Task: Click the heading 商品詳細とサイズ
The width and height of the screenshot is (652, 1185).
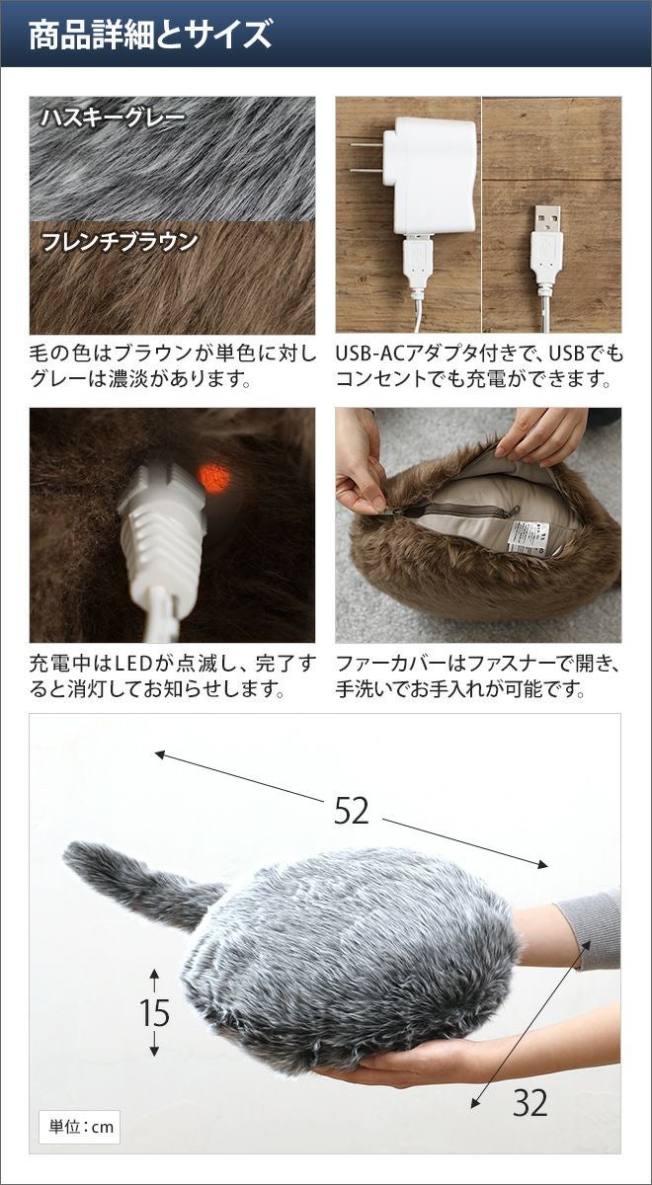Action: click(150, 35)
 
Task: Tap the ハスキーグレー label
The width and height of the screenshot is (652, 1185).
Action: click(113, 118)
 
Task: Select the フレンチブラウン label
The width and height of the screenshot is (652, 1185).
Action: click(120, 242)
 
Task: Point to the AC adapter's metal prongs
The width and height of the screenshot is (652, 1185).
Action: click(367, 157)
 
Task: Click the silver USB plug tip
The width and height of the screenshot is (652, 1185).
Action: click(547, 219)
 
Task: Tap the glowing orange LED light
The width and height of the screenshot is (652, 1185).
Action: click(215, 476)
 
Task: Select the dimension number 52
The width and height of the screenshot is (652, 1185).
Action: click(352, 811)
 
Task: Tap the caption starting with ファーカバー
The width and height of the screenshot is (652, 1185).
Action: click(478, 677)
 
